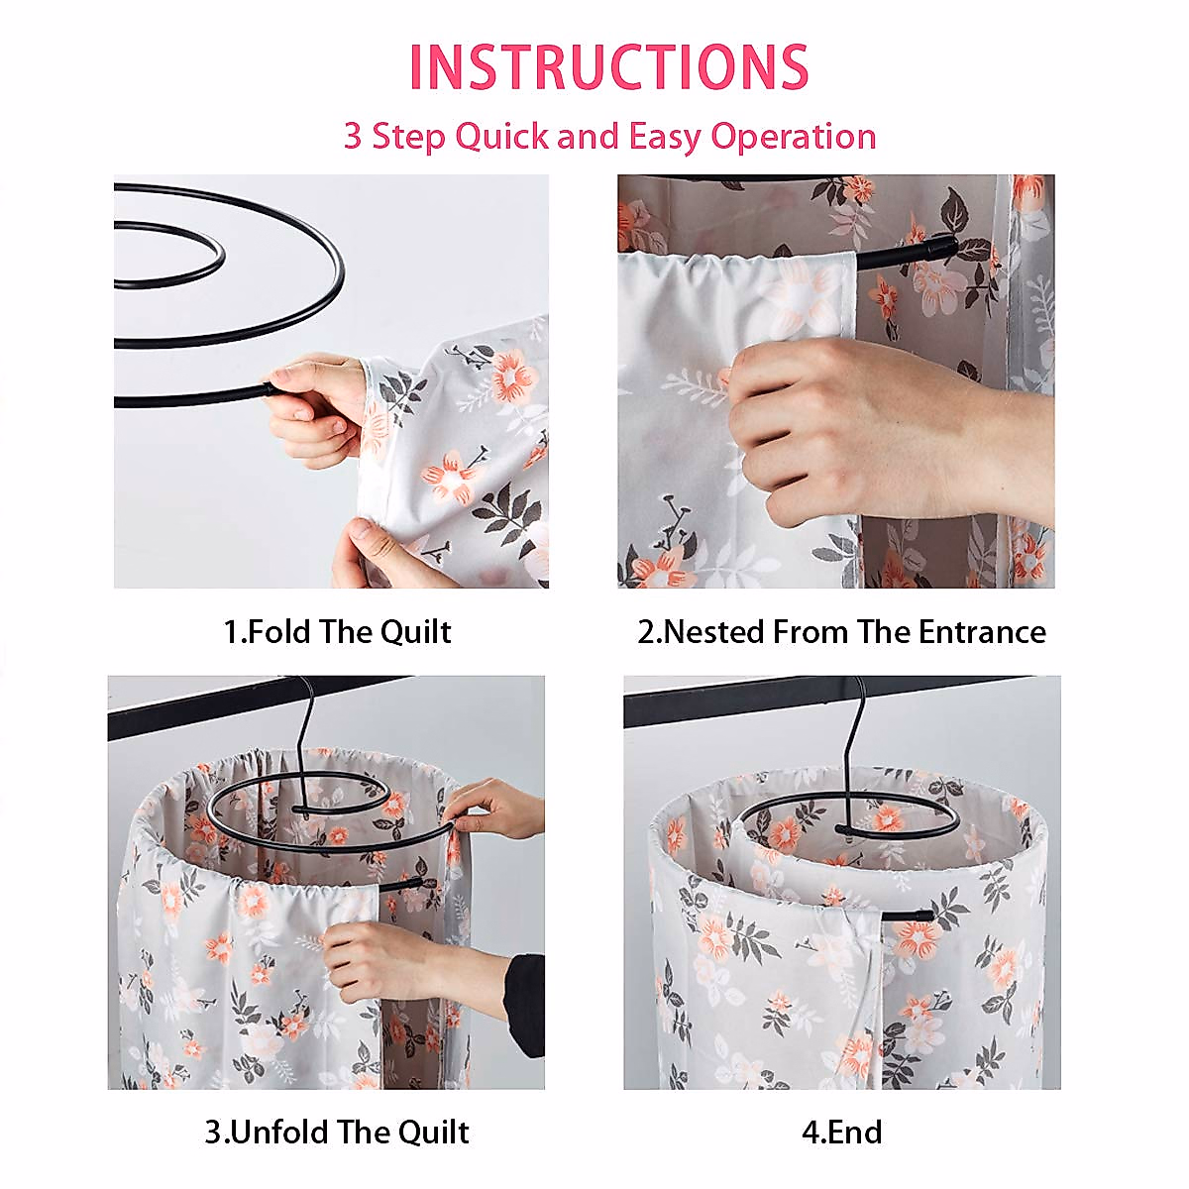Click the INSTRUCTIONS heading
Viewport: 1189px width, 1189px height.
point(608,67)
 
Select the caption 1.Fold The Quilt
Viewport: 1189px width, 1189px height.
point(337,632)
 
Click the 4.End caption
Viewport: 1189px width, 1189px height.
point(841,1132)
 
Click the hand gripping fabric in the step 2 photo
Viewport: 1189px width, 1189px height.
point(842,426)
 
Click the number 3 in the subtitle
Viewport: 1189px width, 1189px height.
point(353,137)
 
